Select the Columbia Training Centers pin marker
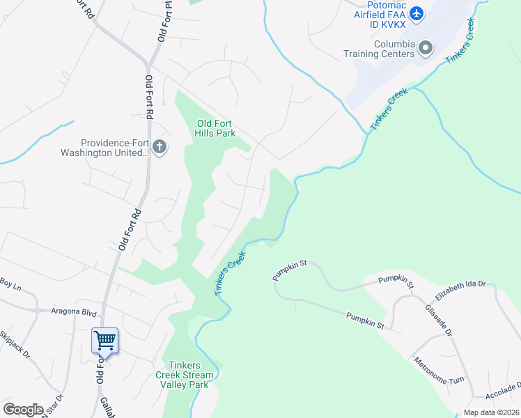tap(426, 47)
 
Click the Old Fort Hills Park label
tap(216, 128)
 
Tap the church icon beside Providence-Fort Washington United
tap(160, 147)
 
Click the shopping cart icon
tap(104, 341)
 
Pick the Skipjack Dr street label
tap(15, 344)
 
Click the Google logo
tap(22, 409)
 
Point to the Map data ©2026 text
tap(490, 412)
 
